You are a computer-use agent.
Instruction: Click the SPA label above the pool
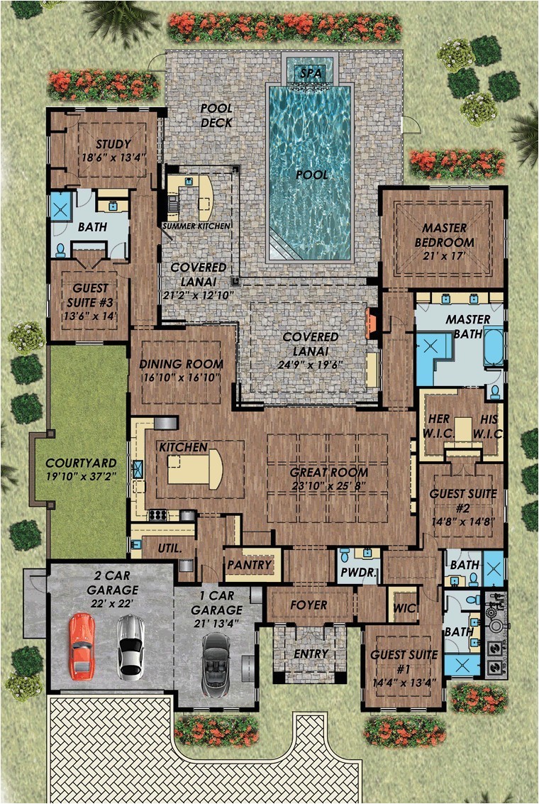311,73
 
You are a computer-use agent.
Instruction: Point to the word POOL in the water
312,175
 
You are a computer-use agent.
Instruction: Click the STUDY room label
113,144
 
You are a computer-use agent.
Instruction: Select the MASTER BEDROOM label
444,235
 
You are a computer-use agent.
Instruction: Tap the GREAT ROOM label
329,472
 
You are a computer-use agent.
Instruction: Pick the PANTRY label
250,565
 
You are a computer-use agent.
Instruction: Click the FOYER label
309,605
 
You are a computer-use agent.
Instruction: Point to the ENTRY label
311,654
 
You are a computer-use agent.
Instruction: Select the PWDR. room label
358,573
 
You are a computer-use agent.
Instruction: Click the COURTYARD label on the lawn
81,463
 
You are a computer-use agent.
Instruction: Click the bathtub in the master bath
494,348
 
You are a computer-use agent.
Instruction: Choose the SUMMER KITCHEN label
196,226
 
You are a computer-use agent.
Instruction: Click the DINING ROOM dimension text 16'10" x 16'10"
180,378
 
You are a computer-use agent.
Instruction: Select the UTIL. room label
170,548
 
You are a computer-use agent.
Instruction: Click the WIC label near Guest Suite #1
404,609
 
